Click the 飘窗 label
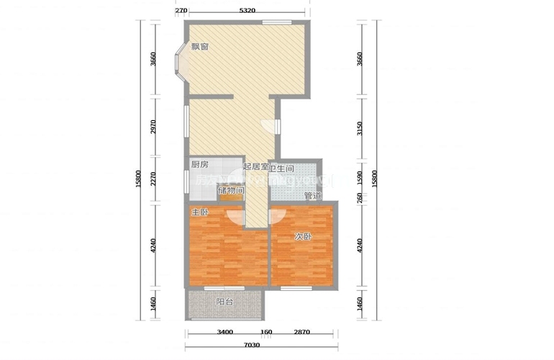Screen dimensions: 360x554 pyautogui.click(x=200, y=48)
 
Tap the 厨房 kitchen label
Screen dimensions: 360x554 pyautogui.click(x=199, y=165)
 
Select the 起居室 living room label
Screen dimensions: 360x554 pyautogui.click(x=255, y=167)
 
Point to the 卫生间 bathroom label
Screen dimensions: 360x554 pyautogui.click(x=282, y=168)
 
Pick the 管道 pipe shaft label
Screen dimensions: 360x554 pyautogui.click(x=312, y=195)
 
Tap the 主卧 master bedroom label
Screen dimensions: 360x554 pyautogui.click(x=200, y=213)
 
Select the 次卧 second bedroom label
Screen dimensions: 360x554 pyautogui.click(x=303, y=236)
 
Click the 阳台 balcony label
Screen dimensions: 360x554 pyautogui.click(x=224, y=302)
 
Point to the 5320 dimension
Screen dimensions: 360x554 pyautogui.click(x=247, y=10)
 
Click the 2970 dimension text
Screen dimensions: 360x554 pyautogui.click(x=153, y=127)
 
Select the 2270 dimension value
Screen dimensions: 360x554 pyautogui.click(x=153, y=180)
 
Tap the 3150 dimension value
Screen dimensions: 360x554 pyautogui.click(x=360, y=130)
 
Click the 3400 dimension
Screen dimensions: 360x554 pyautogui.click(x=224, y=333)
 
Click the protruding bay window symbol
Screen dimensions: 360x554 pyautogui.click(x=178, y=61)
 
